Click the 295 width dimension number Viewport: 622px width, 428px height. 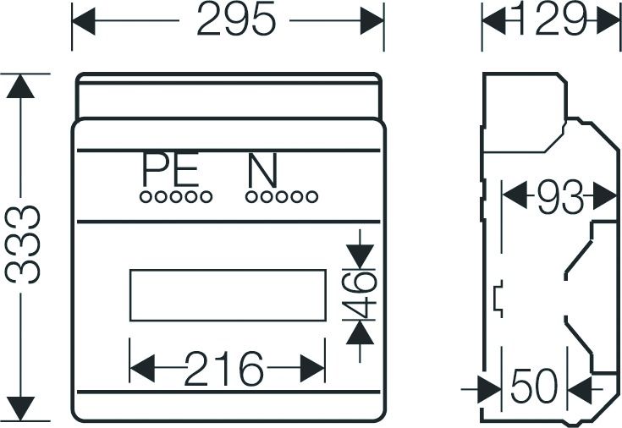235,19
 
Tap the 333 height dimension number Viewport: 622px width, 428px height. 22,244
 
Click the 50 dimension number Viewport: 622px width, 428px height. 534,386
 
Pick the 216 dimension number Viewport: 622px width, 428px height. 223,368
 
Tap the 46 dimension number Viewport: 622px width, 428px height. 359,295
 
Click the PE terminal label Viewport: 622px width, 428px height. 171,169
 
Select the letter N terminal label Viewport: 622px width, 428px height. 262,171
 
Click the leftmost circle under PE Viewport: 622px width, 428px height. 146,197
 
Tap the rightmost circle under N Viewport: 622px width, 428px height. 312,197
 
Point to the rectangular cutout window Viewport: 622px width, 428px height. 228,295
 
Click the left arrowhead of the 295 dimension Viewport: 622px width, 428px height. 84,20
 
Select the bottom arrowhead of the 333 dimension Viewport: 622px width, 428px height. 20,409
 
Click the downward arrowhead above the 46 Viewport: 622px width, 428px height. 360,256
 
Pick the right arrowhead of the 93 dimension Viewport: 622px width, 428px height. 605,195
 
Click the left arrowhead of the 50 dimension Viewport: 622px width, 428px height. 489,390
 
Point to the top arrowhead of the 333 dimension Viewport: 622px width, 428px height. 20,86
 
